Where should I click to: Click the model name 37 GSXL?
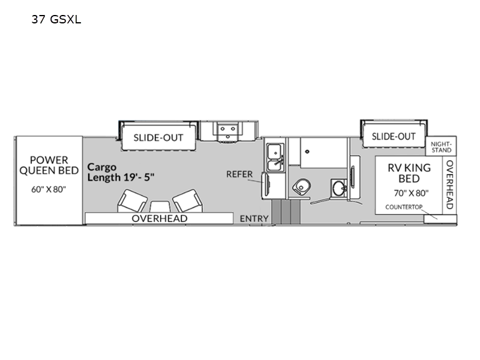[56, 19]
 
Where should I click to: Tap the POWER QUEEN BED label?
[49, 165]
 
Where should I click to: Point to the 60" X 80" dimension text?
[49, 190]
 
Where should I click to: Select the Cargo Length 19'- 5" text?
[121, 172]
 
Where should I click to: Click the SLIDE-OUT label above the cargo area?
[158, 138]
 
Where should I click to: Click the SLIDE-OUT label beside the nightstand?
[394, 137]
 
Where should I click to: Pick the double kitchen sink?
[275, 157]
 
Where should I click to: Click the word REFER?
[239, 174]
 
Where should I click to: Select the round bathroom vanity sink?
[338, 188]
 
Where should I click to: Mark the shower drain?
[307, 151]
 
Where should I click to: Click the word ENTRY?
[254, 218]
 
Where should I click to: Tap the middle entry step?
[286, 212]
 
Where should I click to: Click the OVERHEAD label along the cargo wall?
[160, 218]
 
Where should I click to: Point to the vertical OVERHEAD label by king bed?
[449, 185]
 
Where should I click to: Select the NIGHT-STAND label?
[441, 147]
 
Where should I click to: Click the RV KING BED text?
[409, 173]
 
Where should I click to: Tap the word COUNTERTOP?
[404, 207]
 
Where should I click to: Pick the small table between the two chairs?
[160, 206]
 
